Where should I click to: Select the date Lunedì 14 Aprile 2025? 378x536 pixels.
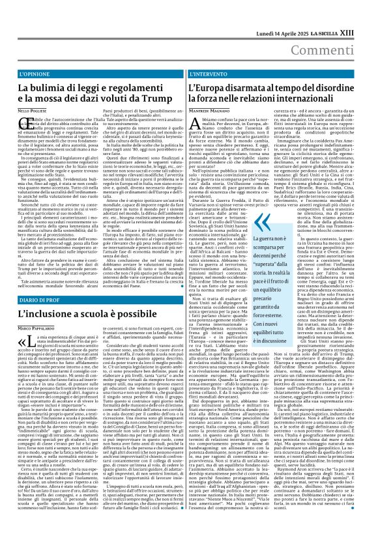point(280,13)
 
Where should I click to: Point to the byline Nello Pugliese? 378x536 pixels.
point(36,113)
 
